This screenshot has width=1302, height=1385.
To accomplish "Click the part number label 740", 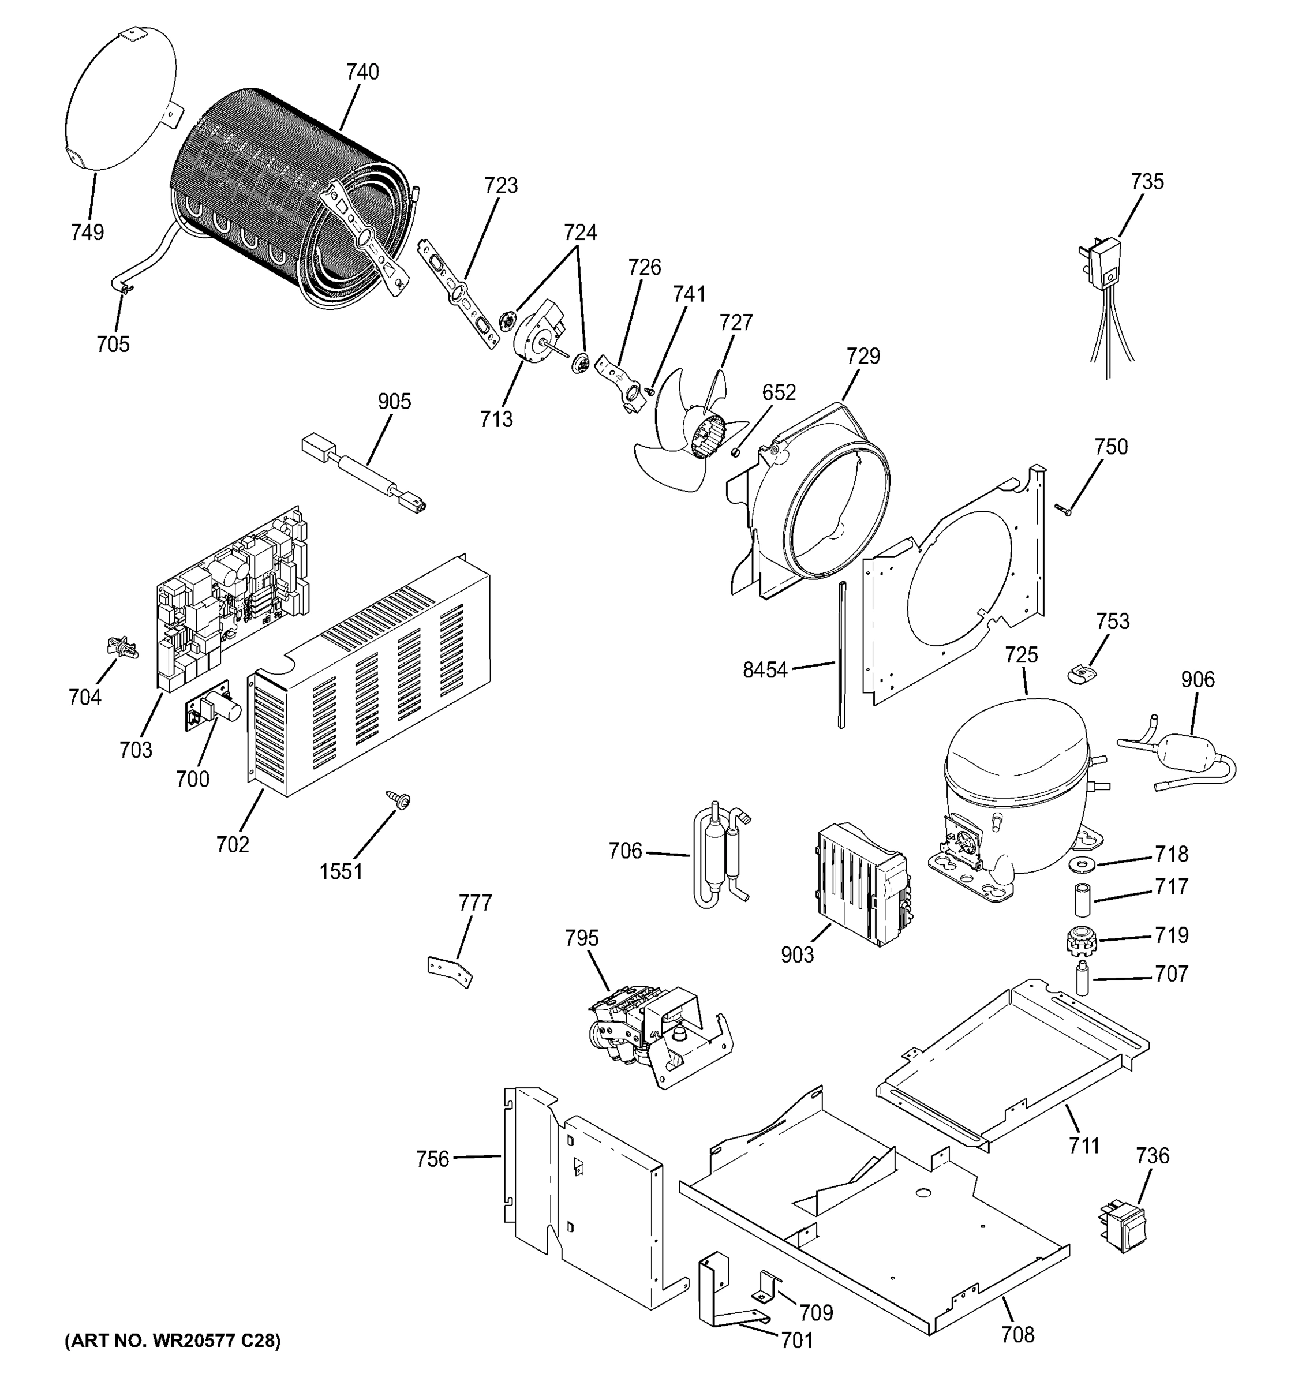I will pyautogui.click(x=362, y=72).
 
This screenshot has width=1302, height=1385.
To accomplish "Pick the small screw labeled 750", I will pyautogui.click(x=1062, y=511).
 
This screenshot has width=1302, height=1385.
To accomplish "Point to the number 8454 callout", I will pyautogui.click(x=764, y=670).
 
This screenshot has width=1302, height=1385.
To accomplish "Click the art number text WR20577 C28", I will pyautogui.click(x=172, y=1341).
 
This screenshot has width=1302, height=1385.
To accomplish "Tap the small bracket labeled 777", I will pyautogui.click(x=450, y=971).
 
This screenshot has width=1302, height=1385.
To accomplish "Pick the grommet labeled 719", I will pyautogui.click(x=1080, y=941).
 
